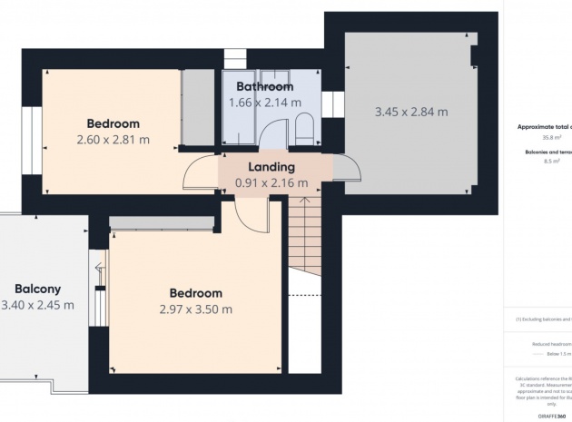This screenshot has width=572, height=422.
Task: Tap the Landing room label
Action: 271,167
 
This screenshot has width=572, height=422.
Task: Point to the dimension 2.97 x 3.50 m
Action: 195,309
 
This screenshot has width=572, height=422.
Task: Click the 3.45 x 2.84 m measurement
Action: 411,113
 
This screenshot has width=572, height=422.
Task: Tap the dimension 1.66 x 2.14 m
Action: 264,103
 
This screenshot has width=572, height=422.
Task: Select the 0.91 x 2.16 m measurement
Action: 271,183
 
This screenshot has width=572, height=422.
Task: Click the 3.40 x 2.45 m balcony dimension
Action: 36,304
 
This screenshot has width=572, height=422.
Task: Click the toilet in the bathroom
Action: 305,127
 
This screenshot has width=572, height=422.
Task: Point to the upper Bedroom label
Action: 113,123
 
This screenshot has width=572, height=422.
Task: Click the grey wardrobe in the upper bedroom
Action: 194,109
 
